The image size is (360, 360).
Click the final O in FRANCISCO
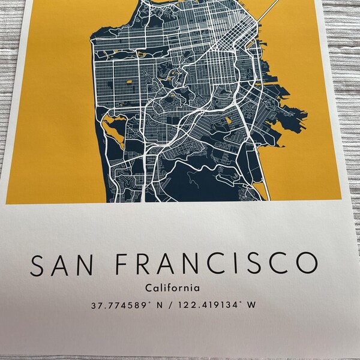[305, 265]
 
